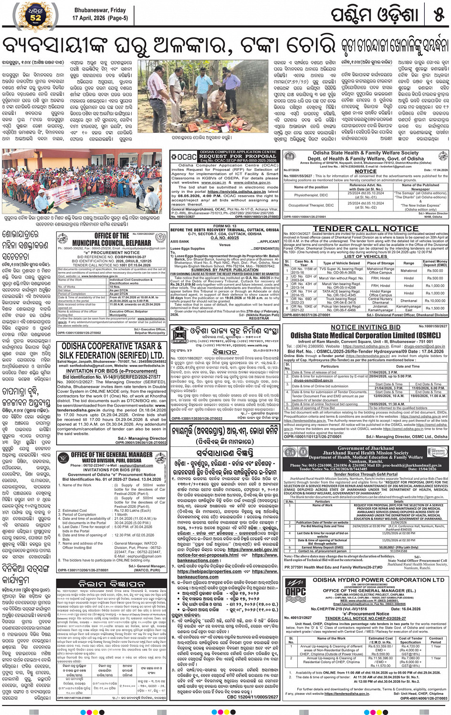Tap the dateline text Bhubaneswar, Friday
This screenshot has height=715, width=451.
pos(99,10)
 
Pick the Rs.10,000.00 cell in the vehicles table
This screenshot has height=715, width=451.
pos(435,301)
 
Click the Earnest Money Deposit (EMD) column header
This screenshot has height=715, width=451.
pos(435,263)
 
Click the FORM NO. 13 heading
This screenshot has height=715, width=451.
pos(225,226)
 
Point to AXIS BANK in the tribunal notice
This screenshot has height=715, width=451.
pos(180,242)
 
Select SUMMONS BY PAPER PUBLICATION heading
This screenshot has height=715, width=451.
pos(225,270)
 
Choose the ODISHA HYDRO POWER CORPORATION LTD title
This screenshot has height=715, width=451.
pos(378,580)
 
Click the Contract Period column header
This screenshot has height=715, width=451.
pos(436,640)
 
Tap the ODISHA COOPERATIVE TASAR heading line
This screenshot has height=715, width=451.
pos(112,346)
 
